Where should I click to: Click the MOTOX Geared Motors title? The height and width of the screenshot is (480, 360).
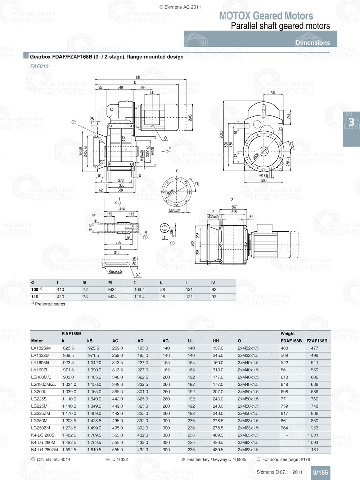click(x=266, y=16)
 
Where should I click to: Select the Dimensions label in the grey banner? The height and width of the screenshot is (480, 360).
click(x=312, y=42)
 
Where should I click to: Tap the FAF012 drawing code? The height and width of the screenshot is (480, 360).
click(x=39, y=66)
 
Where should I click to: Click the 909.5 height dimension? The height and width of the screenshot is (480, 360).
click(x=221, y=134)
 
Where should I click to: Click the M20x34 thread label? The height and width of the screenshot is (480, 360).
click(x=175, y=210)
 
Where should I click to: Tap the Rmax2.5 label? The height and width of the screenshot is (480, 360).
click(x=115, y=272)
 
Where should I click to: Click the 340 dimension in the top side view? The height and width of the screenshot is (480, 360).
click(x=120, y=87)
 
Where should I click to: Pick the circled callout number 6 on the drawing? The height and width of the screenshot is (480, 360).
click(x=73, y=122)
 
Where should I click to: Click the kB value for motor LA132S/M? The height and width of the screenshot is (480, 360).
click(x=93, y=348)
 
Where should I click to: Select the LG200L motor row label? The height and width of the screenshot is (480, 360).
click(x=39, y=392)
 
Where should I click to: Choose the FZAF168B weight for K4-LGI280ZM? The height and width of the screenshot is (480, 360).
click(x=314, y=450)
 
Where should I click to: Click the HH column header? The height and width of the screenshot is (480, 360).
click(x=216, y=341)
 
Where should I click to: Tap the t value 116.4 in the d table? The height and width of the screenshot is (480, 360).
click(x=139, y=297)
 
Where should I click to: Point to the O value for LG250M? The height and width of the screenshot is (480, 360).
click(x=248, y=421)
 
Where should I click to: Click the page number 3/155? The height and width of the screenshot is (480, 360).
click(x=320, y=472)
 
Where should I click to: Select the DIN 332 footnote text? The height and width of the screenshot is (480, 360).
click(x=120, y=459)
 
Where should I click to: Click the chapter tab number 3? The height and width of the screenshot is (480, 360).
click(x=351, y=123)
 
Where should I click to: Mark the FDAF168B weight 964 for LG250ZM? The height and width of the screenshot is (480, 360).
click(x=284, y=428)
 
